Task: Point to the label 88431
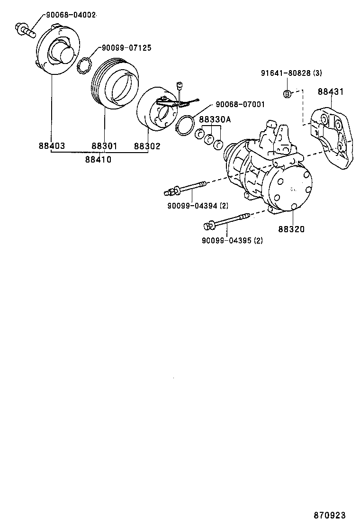331,91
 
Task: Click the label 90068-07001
240,104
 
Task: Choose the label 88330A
214,120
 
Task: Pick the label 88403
52,146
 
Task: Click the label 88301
104,146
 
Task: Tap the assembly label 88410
99,159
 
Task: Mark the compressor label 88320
291,229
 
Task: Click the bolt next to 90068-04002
27,29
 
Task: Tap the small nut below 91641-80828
287,93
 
